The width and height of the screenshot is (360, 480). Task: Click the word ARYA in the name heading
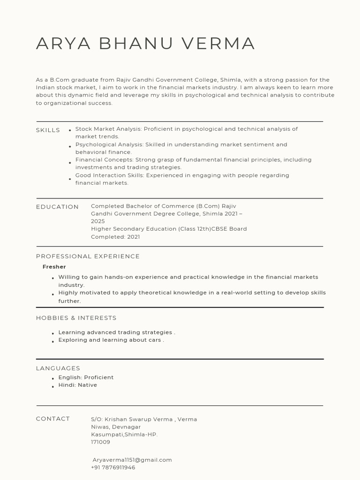[57, 44]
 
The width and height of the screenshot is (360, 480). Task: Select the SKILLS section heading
[48, 130]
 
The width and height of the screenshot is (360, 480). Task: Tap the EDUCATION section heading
[57, 207]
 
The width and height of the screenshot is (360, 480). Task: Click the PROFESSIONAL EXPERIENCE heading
[88, 256]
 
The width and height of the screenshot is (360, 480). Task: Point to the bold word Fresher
[54, 267]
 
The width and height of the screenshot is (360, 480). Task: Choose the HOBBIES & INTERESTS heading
[76, 318]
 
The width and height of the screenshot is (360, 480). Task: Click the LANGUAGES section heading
[58, 368]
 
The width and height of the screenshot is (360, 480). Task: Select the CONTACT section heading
[53, 419]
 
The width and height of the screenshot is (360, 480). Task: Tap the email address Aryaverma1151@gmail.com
[132, 460]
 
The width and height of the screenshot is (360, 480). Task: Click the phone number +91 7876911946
[113, 467]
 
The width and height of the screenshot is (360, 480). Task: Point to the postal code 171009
[100, 442]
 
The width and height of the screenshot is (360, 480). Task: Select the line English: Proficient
[86, 377]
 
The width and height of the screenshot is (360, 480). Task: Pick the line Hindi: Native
[77, 385]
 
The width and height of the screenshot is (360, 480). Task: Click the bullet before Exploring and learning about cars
[53, 341]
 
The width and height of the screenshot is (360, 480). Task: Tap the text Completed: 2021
[115, 237]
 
